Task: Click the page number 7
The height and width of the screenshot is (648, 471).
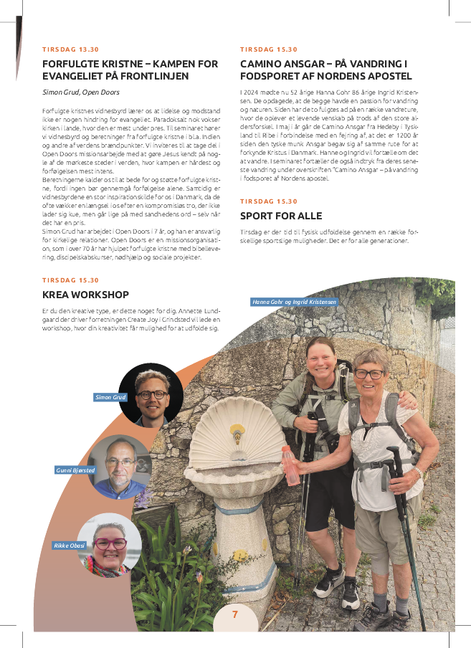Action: tap(234, 614)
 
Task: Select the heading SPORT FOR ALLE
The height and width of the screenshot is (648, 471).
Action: tap(281, 216)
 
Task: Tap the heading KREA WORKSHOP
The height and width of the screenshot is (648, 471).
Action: tap(85, 295)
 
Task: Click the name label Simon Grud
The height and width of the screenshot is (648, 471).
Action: tap(110, 396)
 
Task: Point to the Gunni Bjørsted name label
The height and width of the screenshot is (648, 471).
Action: tap(75, 470)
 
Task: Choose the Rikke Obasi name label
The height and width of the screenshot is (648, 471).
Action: tap(69, 545)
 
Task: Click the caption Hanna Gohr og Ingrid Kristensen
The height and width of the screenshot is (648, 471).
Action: tap(293, 302)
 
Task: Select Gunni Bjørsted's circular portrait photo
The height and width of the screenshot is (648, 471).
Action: tap(120, 467)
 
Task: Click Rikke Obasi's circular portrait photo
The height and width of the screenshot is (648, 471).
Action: tap(110, 545)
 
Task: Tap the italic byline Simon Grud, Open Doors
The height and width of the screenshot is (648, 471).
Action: tap(80, 92)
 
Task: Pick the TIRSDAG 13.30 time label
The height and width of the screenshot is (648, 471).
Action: tap(70, 49)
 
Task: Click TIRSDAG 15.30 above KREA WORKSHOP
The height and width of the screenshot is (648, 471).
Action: tap(70, 280)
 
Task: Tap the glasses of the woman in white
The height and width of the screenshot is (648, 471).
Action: tap(369, 373)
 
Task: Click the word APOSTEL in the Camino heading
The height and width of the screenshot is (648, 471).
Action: tap(389, 76)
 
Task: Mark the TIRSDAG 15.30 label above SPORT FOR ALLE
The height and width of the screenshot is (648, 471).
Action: tap(268, 201)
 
